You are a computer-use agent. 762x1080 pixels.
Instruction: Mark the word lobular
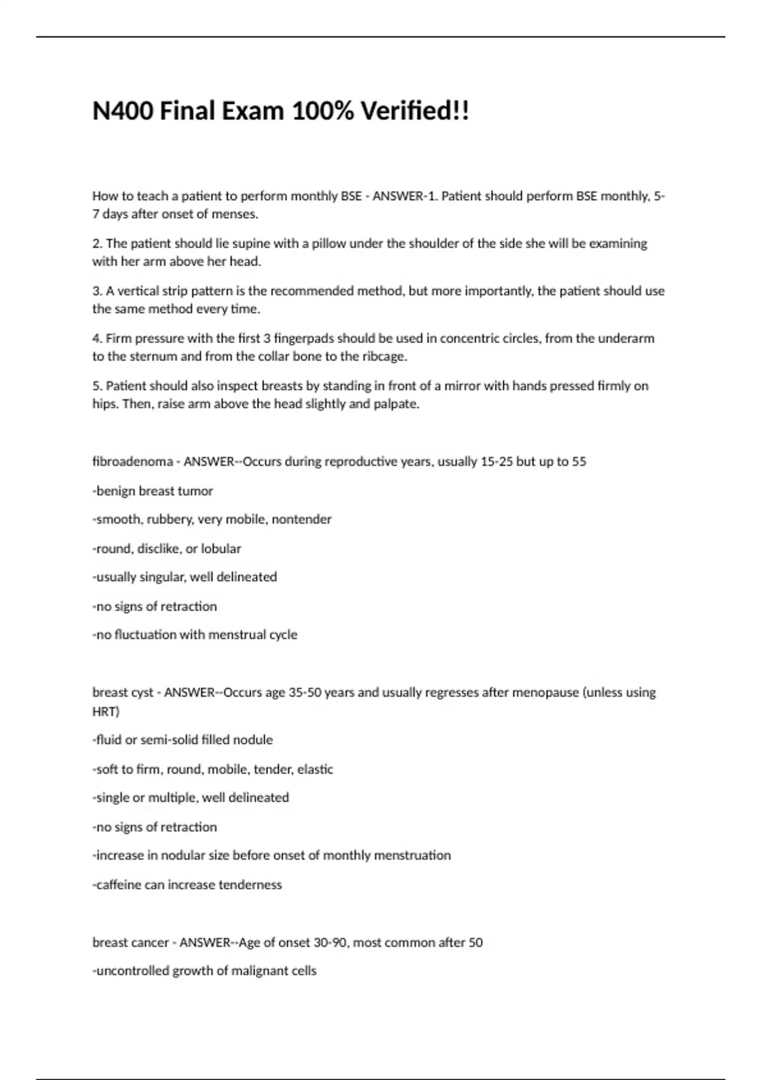pyautogui.click(x=221, y=548)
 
